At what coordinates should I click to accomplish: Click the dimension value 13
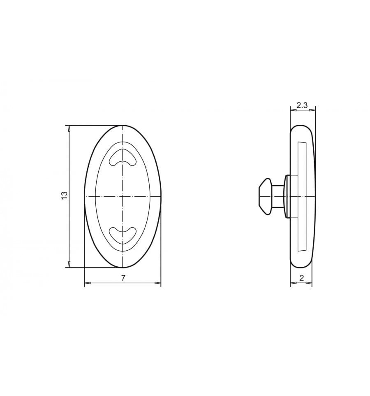[65, 196]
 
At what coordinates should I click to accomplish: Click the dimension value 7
[123, 278]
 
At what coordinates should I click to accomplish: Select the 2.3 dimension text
[302, 105]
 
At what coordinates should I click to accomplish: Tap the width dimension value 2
[302, 278]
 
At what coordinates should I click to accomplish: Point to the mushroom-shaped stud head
[265, 197]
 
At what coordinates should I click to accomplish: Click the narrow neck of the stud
[278, 197]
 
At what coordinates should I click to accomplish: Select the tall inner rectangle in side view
[302, 196]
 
